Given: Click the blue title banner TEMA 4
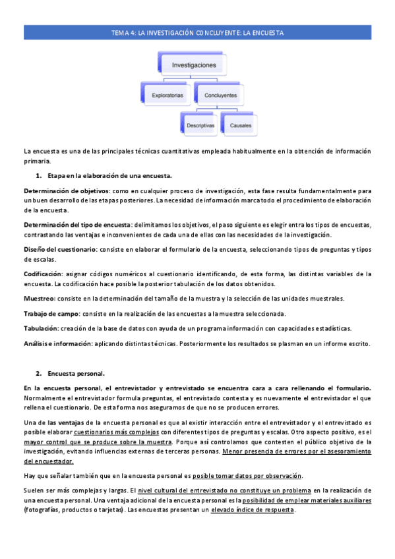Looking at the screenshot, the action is [197, 32].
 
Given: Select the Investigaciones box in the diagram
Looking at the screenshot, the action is [194, 65].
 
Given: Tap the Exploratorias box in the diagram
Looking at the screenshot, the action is [167, 95].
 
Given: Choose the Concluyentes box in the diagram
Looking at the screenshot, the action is [220, 95].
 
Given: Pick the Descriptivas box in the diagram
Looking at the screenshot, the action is [200, 124].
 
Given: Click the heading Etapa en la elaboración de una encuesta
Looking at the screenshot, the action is [109, 175].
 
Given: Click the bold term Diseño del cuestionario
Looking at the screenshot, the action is [60, 249].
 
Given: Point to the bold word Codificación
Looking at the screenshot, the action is [44, 274].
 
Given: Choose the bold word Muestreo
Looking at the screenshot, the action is [38, 298].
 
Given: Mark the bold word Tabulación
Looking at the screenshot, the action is [40, 328].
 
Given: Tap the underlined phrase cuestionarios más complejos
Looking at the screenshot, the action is [121, 432].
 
